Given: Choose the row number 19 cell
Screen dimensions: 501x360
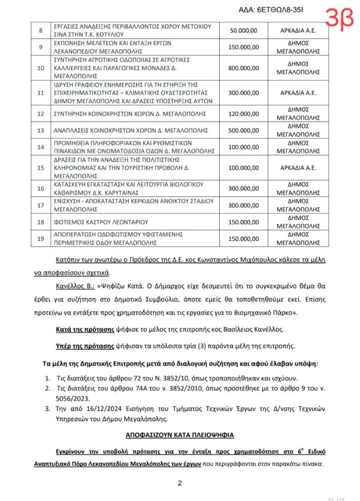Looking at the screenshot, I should click(x=41, y=238).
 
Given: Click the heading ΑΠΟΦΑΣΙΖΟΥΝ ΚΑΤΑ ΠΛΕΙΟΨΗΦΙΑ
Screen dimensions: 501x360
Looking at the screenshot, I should click(x=180, y=434).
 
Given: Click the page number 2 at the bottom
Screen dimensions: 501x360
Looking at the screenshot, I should click(x=180, y=484).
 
